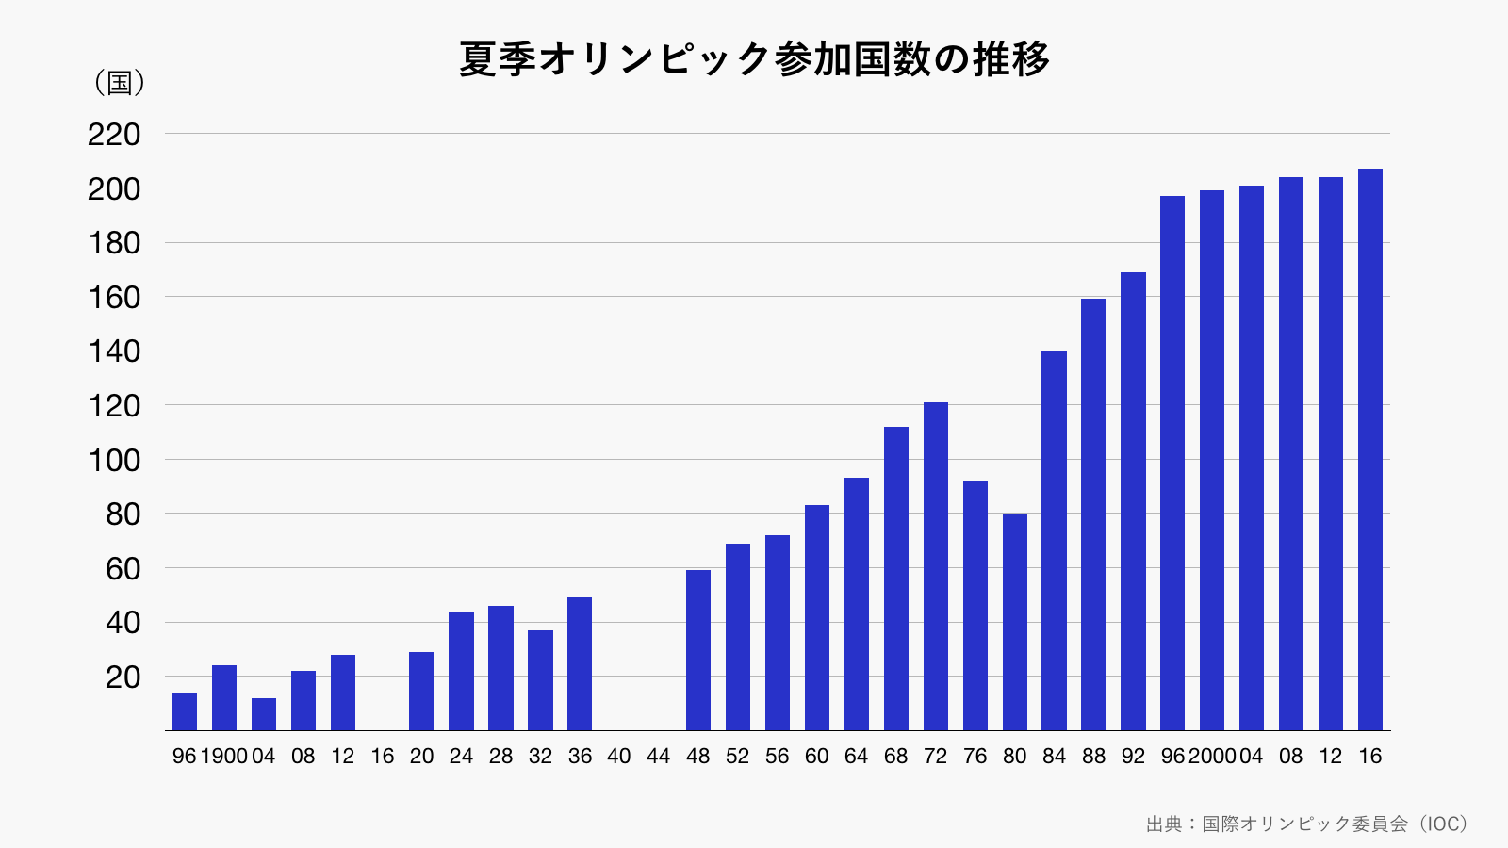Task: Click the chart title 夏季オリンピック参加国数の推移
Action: pos(754,59)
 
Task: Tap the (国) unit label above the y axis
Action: pos(120,83)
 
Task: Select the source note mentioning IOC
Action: pos(1306,824)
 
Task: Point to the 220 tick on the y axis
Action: pos(114,135)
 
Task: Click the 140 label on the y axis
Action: pos(114,351)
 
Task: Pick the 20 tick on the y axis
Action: pos(123,677)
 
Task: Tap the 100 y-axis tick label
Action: pos(114,461)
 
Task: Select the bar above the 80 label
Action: pos(1014,622)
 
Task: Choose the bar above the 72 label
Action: pos(935,565)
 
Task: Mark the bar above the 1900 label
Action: pos(224,697)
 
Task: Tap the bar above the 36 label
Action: pos(580,663)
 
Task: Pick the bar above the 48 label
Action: pos(698,650)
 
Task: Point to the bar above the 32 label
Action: pos(540,679)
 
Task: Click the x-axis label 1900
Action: pos(224,757)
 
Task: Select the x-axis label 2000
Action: pos(1212,757)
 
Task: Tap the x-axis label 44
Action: pos(659,757)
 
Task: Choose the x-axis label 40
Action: pos(619,757)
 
